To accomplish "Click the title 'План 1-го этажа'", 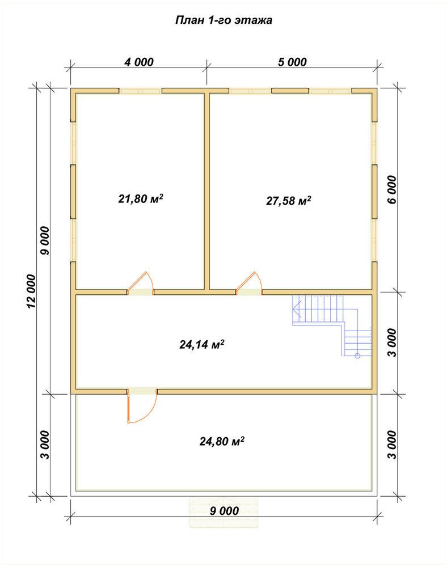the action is tap(223, 20).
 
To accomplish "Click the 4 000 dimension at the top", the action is tap(139, 62).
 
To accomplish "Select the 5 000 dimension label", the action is tap(292, 62).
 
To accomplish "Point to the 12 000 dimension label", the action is tap(31, 291).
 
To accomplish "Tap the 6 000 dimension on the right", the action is tap(392, 189).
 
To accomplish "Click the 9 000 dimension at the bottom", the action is tap(224, 511).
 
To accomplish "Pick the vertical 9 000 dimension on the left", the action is tap(45, 240).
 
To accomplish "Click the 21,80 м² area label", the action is tap(141, 198).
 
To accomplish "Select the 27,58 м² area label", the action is tap(289, 200).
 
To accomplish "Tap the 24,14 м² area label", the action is tap(202, 344).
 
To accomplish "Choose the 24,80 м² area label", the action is tap(222, 441).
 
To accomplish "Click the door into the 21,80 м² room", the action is tap(141, 284).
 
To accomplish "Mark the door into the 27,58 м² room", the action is tap(249, 284).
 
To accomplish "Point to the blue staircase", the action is tap(332, 325).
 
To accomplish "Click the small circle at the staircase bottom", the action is tap(357, 356).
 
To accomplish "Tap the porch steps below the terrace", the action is tap(224, 513).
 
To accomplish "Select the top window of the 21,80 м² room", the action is tap(141, 91).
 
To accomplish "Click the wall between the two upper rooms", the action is tap(207, 191).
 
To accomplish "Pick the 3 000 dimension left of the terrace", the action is tap(44, 445).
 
